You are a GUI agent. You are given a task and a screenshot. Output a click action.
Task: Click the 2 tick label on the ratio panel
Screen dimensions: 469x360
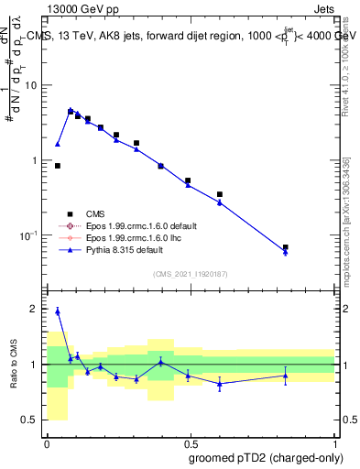tap(37, 309)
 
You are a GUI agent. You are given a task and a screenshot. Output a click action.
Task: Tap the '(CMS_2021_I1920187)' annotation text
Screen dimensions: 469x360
tap(190, 275)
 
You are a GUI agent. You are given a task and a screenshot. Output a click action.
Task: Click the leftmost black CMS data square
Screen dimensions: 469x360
tap(58, 166)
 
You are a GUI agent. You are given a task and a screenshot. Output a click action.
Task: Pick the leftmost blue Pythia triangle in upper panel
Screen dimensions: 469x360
tap(58, 144)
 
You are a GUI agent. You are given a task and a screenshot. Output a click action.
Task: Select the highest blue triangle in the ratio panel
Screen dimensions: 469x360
tap(58, 311)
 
